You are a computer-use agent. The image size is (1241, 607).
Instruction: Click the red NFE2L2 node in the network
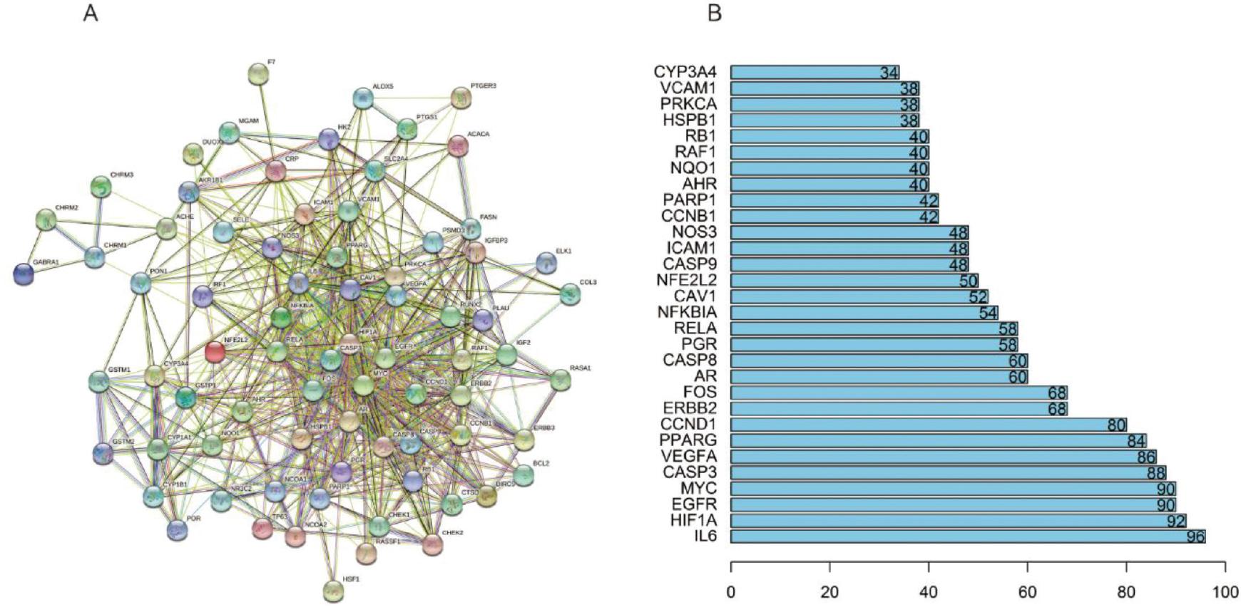[x=215, y=351]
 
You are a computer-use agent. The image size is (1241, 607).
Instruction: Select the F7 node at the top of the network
[x=258, y=73]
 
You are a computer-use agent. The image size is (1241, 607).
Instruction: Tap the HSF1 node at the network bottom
[x=333, y=591]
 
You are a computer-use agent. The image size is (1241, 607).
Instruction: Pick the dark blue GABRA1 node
[x=24, y=274]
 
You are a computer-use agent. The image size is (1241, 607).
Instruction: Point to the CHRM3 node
[x=101, y=187]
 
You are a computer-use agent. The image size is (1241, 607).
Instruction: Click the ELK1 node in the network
[x=546, y=262]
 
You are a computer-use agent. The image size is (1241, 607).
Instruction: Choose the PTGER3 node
[x=461, y=98]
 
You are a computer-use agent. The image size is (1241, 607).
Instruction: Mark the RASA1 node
[x=561, y=380]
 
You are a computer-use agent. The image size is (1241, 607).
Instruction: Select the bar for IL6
[x=968, y=536]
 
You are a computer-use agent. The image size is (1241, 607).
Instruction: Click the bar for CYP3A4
[x=814, y=72]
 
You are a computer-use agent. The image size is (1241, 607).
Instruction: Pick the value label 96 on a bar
[x=1195, y=536]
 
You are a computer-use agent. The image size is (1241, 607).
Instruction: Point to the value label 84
[x=1136, y=441]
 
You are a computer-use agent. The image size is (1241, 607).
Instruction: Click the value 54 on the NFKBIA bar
[x=988, y=312]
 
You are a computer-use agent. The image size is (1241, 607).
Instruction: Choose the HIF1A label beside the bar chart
[x=693, y=521]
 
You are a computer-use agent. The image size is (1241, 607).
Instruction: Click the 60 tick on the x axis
[x=1027, y=592]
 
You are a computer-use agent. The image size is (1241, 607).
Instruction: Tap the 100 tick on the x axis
[x=1225, y=592]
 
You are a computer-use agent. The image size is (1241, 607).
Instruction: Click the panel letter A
[x=91, y=13]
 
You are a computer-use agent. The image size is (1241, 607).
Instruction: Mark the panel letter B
[x=715, y=13]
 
